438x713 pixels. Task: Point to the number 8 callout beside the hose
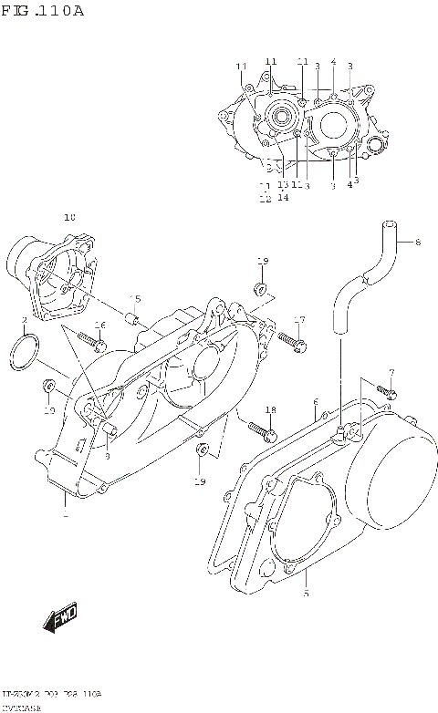click(418, 243)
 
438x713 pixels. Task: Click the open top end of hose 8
click(389, 225)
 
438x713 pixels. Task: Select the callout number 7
click(391, 373)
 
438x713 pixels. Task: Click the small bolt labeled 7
click(387, 391)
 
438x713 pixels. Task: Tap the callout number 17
click(298, 318)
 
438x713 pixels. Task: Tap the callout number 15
click(135, 298)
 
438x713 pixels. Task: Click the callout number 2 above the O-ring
click(24, 320)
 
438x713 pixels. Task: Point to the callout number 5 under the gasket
click(307, 593)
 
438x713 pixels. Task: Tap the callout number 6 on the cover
click(315, 402)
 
